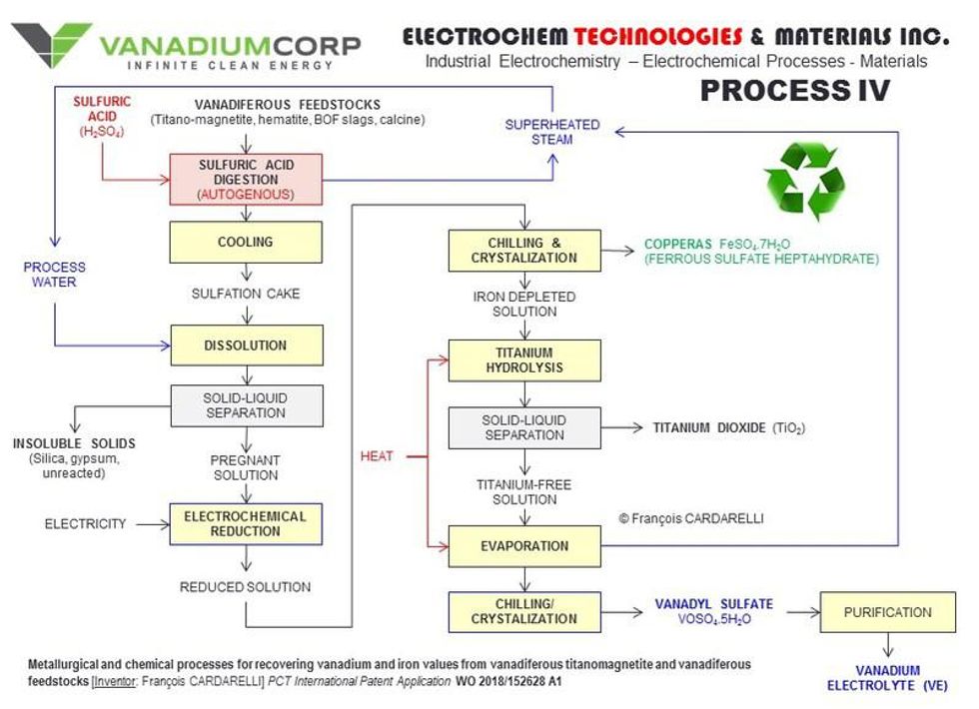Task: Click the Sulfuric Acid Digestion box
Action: [x=246, y=180]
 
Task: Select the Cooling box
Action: [x=246, y=243]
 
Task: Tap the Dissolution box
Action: [x=246, y=346]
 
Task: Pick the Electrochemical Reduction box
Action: [x=246, y=523]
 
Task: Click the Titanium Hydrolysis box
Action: [x=524, y=359]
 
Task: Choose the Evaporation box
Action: [x=524, y=546]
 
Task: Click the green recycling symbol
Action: [x=804, y=181]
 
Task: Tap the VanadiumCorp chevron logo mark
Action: [x=52, y=44]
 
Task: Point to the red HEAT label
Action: [x=377, y=456]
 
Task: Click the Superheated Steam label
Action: [x=551, y=132]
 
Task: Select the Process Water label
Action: [x=55, y=275]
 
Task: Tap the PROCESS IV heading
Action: [x=794, y=92]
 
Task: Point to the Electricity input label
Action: [x=86, y=523]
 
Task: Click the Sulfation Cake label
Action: [x=246, y=294]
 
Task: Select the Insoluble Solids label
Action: [x=74, y=443]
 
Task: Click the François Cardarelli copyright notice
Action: [x=690, y=518]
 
